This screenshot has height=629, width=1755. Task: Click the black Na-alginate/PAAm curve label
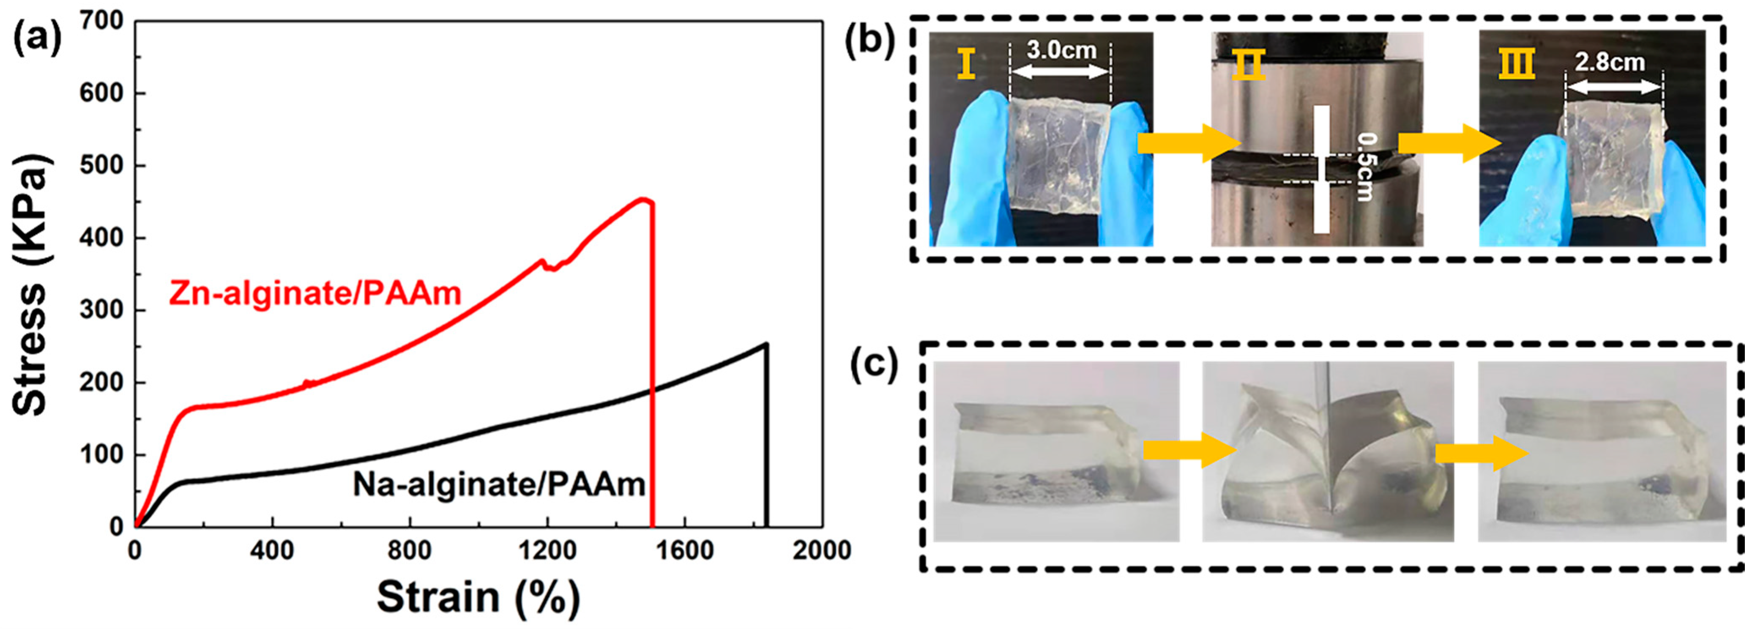tap(499, 485)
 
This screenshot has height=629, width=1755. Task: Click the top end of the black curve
tap(766, 344)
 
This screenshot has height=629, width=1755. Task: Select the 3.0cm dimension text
tap(1061, 50)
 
